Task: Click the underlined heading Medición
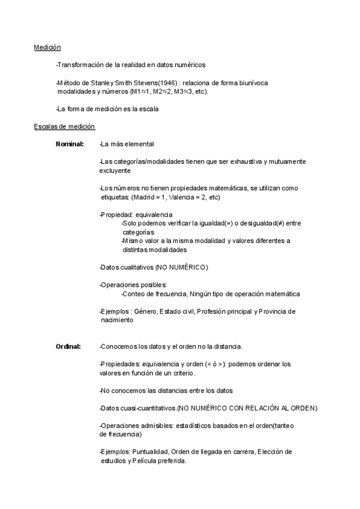coord(47,47)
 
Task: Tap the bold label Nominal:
coord(70,144)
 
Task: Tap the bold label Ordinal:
coord(68,346)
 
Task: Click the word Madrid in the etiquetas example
coord(146,197)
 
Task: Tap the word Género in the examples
coord(146,312)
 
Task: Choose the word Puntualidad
coord(150,452)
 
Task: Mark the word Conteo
coord(133,294)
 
